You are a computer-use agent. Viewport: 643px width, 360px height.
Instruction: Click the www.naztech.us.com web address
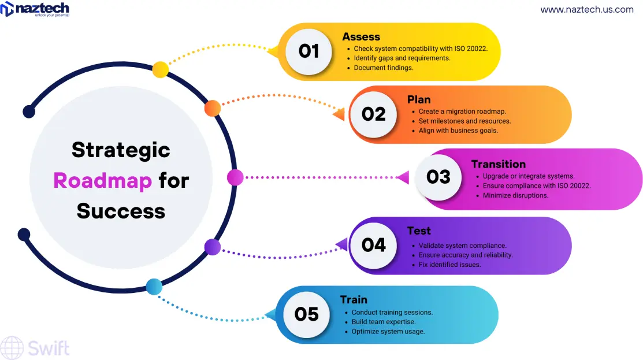[586, 10]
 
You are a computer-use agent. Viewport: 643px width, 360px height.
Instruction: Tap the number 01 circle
[309, 51]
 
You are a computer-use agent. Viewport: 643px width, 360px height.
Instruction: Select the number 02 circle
[373, 114]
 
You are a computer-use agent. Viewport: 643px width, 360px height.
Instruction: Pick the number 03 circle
[438, 177]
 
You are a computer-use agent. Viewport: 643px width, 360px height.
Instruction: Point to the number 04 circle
[373, 246]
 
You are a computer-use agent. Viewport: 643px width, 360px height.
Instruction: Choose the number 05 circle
[306, 314]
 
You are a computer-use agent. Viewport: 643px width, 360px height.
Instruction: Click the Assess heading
[361, 36]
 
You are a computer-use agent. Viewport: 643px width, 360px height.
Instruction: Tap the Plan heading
[419, 99]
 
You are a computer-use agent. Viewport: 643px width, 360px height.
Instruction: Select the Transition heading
[499, 164]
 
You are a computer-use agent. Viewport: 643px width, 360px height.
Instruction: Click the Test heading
[419, 231]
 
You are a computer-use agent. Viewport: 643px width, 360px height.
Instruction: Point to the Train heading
[354, 299]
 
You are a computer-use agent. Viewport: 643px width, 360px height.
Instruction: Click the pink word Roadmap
[102, 180]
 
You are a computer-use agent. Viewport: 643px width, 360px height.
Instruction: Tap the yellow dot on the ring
[160, 70]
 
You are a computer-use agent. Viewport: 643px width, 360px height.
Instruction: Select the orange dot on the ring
[213, 107]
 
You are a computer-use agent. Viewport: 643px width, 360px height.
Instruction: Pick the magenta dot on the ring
[235, 177]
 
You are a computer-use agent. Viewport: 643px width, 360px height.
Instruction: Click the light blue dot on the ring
[154, 286]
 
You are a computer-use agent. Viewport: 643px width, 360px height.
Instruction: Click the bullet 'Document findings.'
[384, 68]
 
